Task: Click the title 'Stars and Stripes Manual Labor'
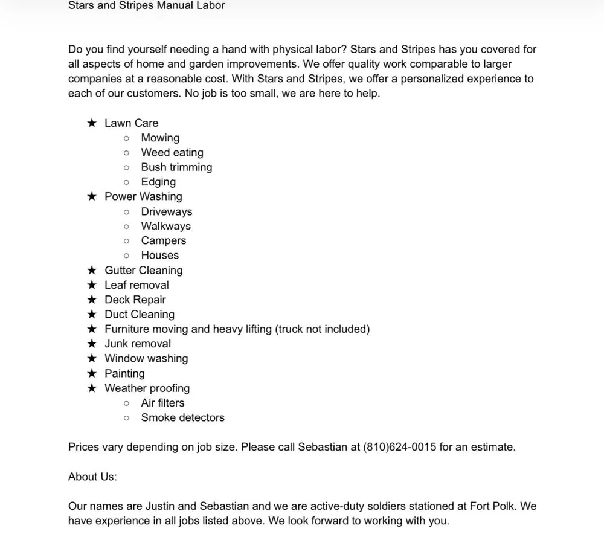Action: [x=146, y=6]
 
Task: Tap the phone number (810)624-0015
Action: [x=399, y=448]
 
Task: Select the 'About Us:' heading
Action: [x=92, y=477]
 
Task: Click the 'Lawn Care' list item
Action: [x=131, y=123]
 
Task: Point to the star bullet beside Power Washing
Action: [x=92, y=197]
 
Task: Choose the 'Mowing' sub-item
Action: [x=160, y=138]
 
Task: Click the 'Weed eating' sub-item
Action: [x=172, y=153]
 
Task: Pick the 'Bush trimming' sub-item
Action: [x=176, y=167]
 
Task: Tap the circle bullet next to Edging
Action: [x=126, y=182]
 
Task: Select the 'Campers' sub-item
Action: [x=163, y=241]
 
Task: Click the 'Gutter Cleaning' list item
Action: [x=143, y=271]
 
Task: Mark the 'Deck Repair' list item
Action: [x=135, y=300]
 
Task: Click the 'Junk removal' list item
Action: [x=138, y=344]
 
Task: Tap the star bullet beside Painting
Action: [x=92, y=374]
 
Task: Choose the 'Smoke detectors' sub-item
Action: [x=182, y=418]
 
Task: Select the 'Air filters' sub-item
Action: [x=162, y=403]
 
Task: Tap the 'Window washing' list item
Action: [x=146, y=359]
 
